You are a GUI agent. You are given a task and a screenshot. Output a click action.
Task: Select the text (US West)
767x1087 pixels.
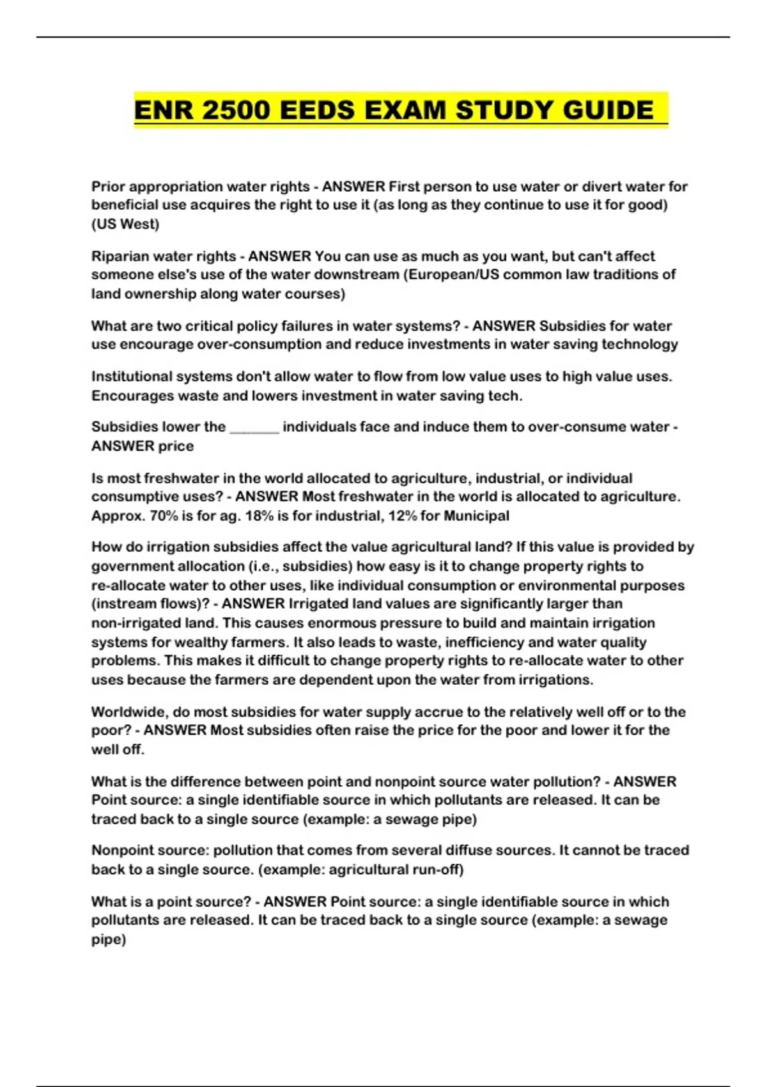point(125,224)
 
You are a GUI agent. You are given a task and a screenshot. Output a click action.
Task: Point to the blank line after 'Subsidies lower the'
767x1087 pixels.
point(254,427)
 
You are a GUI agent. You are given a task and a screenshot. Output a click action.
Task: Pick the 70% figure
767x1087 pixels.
point(164,516)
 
